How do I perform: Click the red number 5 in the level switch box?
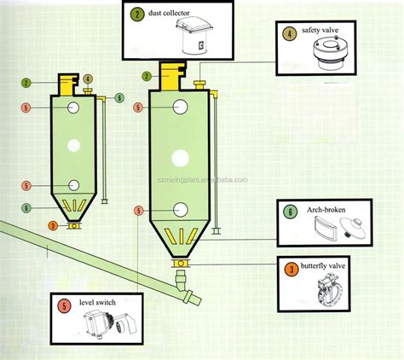[x=65, y=305]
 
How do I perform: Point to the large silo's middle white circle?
[x=181, y=157]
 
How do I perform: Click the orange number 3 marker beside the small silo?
[x=53, y=225]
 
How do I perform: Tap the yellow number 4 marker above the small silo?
[x=88, y=79]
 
